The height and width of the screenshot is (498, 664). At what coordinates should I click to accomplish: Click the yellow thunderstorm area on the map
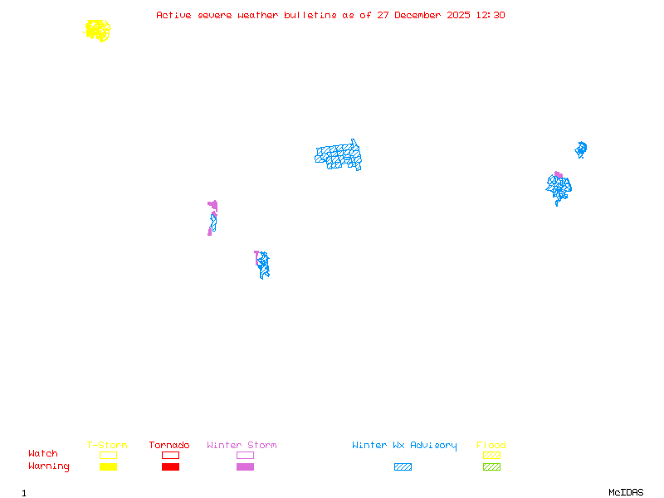click(98, 31)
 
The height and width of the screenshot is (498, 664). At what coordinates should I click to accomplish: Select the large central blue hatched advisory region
click(339, 155)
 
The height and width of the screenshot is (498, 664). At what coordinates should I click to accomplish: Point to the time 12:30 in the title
click(490, 15)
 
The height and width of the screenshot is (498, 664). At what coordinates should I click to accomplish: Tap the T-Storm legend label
click(107, 445)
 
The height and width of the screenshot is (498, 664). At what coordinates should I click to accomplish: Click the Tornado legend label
click(169, 445)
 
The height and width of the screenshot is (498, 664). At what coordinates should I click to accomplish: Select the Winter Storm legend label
click(242, 445)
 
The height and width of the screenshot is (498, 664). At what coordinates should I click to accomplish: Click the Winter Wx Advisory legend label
click(404, 445)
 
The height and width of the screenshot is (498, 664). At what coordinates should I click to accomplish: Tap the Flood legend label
click(491, 445)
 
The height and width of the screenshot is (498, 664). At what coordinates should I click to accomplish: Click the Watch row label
click(43, 454)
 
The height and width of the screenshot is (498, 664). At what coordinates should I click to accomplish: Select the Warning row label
click(49, 466)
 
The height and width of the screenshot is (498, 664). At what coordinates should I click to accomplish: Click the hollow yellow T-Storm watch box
click(108, 455)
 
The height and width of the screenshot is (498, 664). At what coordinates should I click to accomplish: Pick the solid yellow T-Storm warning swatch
click(108, 466)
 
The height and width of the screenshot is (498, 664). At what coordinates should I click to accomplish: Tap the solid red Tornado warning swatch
click(170, 466)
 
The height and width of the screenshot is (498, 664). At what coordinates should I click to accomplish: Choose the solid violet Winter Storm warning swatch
click(245, 466)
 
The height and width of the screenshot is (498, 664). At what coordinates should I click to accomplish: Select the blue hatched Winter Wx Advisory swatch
click(403, 466)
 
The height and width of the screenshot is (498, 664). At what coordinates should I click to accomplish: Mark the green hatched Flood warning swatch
click(491, 466)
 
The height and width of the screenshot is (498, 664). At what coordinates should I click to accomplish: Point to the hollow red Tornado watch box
click(170, 455)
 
